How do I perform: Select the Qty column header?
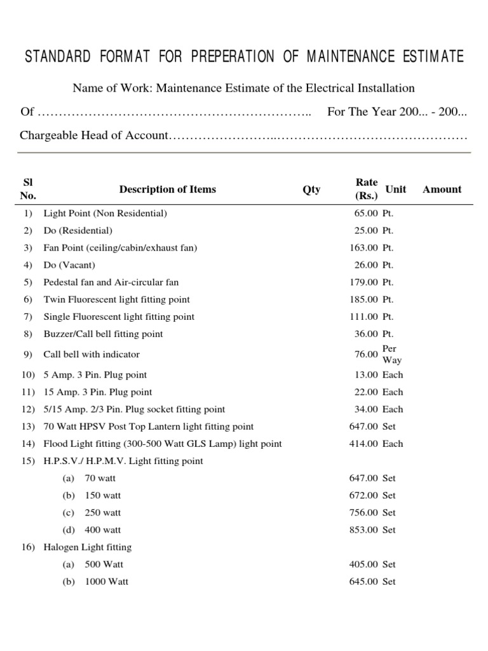311,189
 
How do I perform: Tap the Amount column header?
442,189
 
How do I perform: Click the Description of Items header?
167,189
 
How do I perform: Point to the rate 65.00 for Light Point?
367,214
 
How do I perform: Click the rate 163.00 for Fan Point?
364,248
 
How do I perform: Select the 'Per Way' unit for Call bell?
391,355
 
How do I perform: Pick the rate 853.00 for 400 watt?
364,530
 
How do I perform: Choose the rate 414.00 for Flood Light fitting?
364,444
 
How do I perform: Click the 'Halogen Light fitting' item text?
87,547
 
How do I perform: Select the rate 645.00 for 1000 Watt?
364,581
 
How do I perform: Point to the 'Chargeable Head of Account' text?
93,136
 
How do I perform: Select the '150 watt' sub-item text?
102,495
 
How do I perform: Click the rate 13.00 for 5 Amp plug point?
367,375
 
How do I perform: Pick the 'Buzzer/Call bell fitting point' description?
103,334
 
